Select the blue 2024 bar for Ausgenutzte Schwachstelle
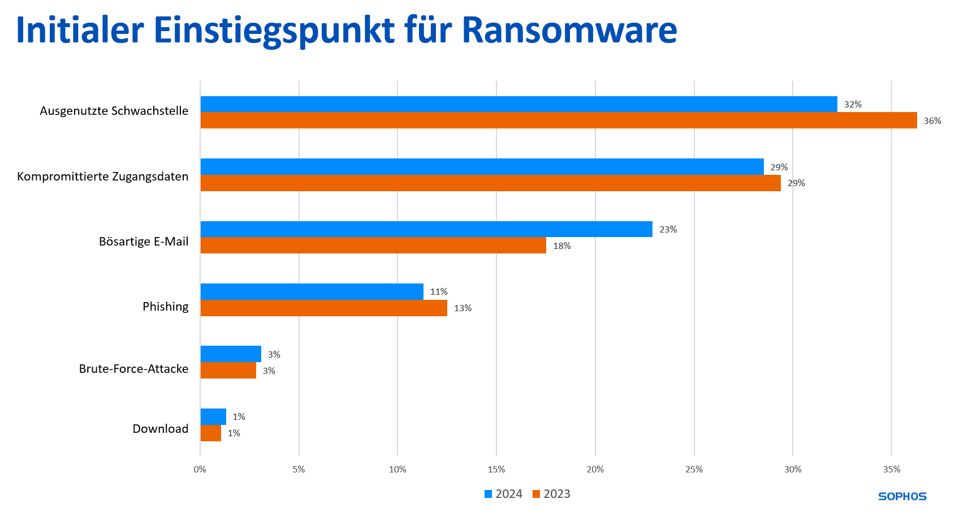(x=518, y=104)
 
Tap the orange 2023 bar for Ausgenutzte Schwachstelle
(x=559, y=121)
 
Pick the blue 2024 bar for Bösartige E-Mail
(x=426, y=229)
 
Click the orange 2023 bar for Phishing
(x=324, y=308)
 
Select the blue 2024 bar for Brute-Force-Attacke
(x=231, y=354)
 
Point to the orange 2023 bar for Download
(x=211, y=433)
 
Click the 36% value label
(x=932, y=121)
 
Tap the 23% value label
(x=668, y=230)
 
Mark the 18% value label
(x=561, y=246)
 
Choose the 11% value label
(x=439, y=292)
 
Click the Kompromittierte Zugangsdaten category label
(x=103, y=177)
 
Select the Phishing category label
(x=165, y=307)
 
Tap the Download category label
(x=161, y=429)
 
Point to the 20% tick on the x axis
(x=595, y=470)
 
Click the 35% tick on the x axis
(x=891, y=470)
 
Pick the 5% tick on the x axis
(x=299, y=470)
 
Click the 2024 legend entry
(x=503, y=494)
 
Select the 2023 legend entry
(x=551, y=494)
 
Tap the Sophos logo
(x=902, y=496)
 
